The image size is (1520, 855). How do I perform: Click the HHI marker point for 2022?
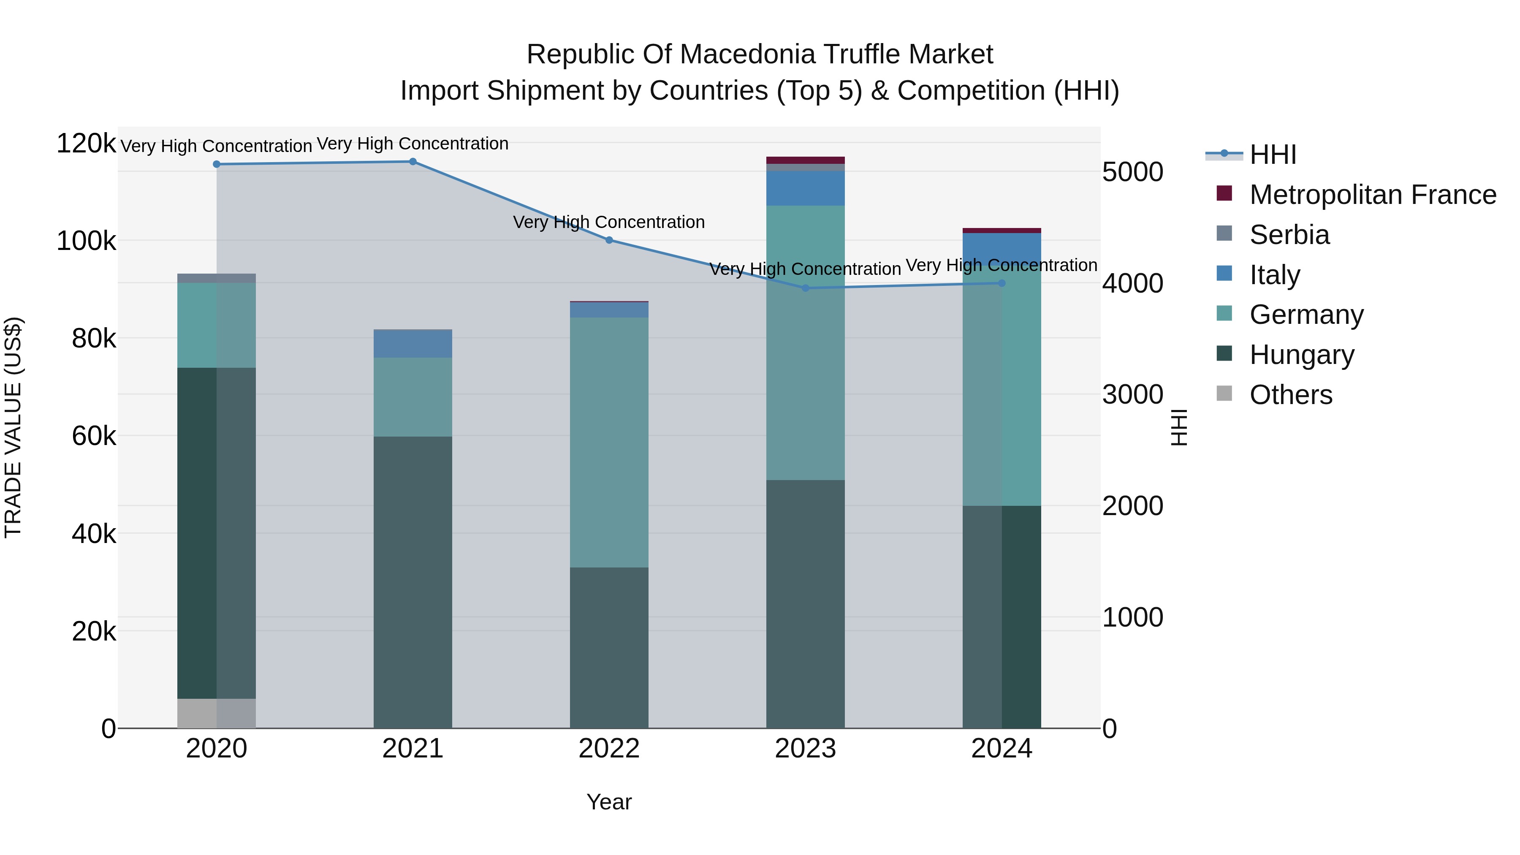tap(609, 240)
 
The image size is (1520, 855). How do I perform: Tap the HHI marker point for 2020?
tap(217, 165)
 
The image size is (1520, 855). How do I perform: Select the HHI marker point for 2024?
tap(1002, 283)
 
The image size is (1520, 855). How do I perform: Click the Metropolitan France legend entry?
tap(1373, 195)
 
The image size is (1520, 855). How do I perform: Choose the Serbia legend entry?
tap(1289, 235)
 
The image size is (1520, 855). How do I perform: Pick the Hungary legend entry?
tap(1302, 355)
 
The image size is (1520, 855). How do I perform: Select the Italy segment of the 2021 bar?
tap(413, 343)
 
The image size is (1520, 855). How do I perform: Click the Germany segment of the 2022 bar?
tap(609, 442)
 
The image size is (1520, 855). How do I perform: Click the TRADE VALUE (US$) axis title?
tap(13, 427)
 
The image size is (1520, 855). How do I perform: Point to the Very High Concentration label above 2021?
tap(413, 144)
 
